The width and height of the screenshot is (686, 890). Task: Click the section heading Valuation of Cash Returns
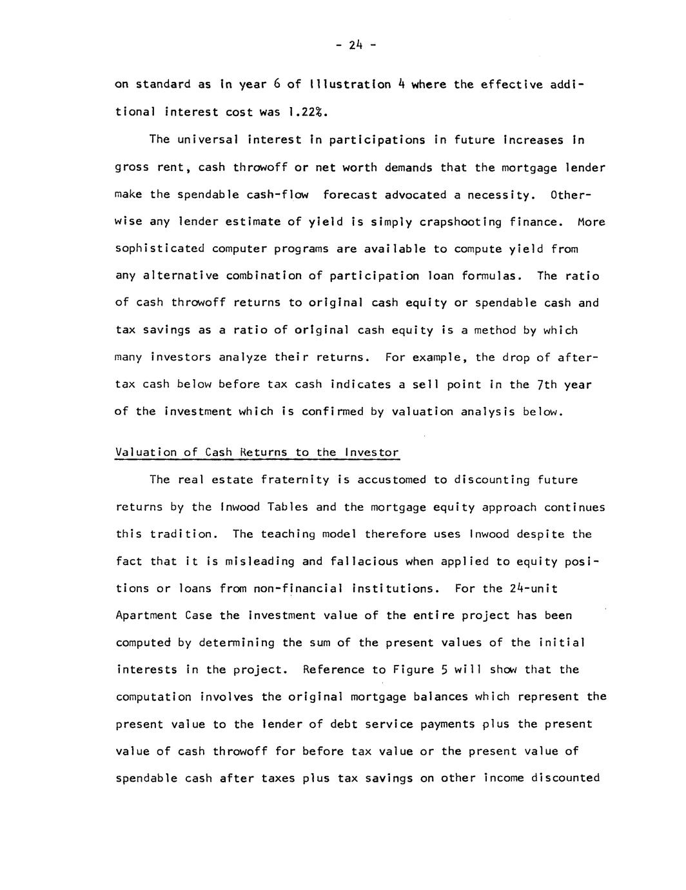tap(257, 452)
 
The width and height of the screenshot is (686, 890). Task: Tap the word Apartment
tap(146, 615)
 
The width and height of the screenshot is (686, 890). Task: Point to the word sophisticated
tap(160, 249)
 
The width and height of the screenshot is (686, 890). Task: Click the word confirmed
tap(335, 411)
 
